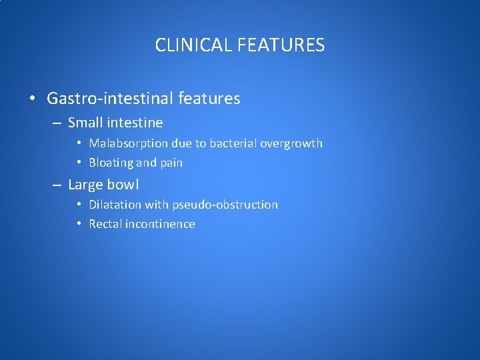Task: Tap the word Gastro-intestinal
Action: coord(110,99)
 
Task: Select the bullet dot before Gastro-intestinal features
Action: coord(32,99)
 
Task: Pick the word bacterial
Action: coord(233,143)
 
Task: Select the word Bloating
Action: coord(111,163)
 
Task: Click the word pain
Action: coord(171,163)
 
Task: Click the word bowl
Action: coord(123,185)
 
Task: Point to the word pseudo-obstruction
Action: coord(225,205)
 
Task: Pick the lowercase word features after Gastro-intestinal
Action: coord(209,99)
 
